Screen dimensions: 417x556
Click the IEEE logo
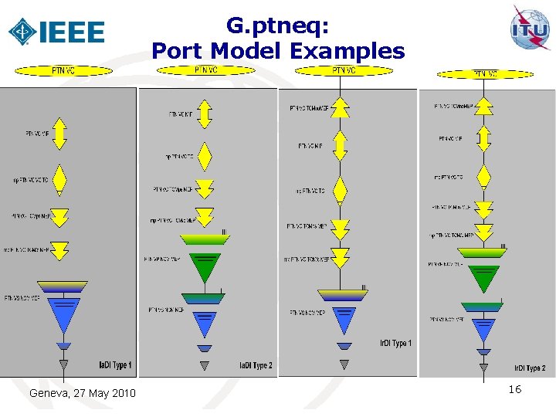pyautogui.click(x=56, y=31)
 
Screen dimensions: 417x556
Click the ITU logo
pyautogui.click(x=530, y=29)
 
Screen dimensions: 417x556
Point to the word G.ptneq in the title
pyautogui.click(x=278, y=26)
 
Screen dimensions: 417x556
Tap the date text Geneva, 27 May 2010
pyautogui.click(x=82, y=394)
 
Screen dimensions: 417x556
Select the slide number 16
pyautogui.click(x=514, y=390)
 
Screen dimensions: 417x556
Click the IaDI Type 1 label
pyautogui.click(x=115, y=364)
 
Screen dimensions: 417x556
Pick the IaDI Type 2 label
pyautogui.click(x=255, y=365)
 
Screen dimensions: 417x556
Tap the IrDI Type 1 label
pyautogui.click(x=395, y=343)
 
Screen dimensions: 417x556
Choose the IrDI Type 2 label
pyautogui.click(x=530, y=368)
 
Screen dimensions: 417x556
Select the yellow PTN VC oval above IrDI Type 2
pyautogui.click(x=484, y=74)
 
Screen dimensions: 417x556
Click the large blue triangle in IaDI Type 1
pyautogui.click(x=63, y=313)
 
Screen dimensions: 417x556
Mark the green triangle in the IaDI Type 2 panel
pyautogui.click(x=204, y=266)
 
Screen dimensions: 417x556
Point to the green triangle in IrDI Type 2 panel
pyautogui.click(x=483, y=277)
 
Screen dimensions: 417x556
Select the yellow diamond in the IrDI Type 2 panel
pyautogui.click(x=484, y=177)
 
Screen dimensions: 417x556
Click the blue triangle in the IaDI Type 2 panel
pyautogui.click(x=204, y=323)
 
